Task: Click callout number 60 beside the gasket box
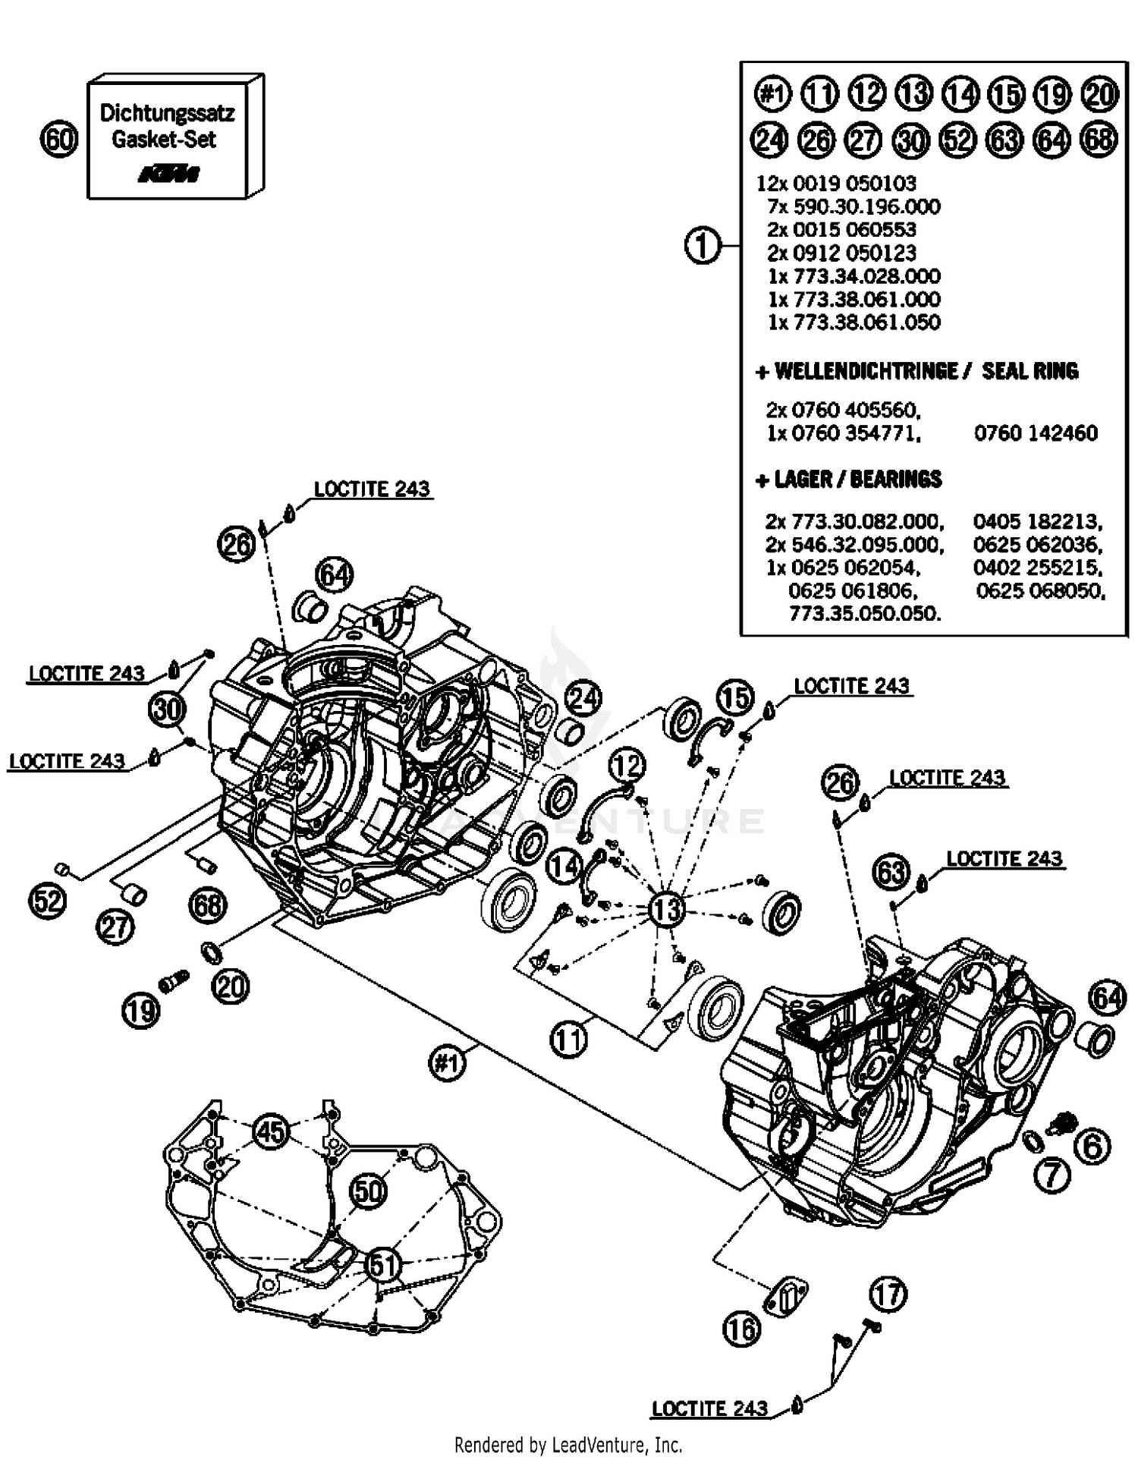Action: [x=59, y=140]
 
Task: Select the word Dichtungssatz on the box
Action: [x=167, y=113]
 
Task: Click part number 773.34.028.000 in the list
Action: [x=853, y=275]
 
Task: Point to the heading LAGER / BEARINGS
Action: [x=850, y=480]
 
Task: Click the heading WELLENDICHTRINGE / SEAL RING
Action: [x=917, y=371]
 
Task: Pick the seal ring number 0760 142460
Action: [x=1036, y=433]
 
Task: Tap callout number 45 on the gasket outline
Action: [x=271, y=1131]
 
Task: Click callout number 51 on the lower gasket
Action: [x=383, y=1265]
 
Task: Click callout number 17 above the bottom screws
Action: [x=888, y=1294]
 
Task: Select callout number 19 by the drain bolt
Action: [x=141, y=1010]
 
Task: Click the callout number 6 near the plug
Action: [x=1092, y=1146]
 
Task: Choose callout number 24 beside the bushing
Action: [x=583, y=697]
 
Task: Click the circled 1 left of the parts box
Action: [x=703, y=246]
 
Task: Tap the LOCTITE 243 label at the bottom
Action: [x=709, y=1408]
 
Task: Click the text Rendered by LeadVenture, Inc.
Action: [x=568, y=1444]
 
